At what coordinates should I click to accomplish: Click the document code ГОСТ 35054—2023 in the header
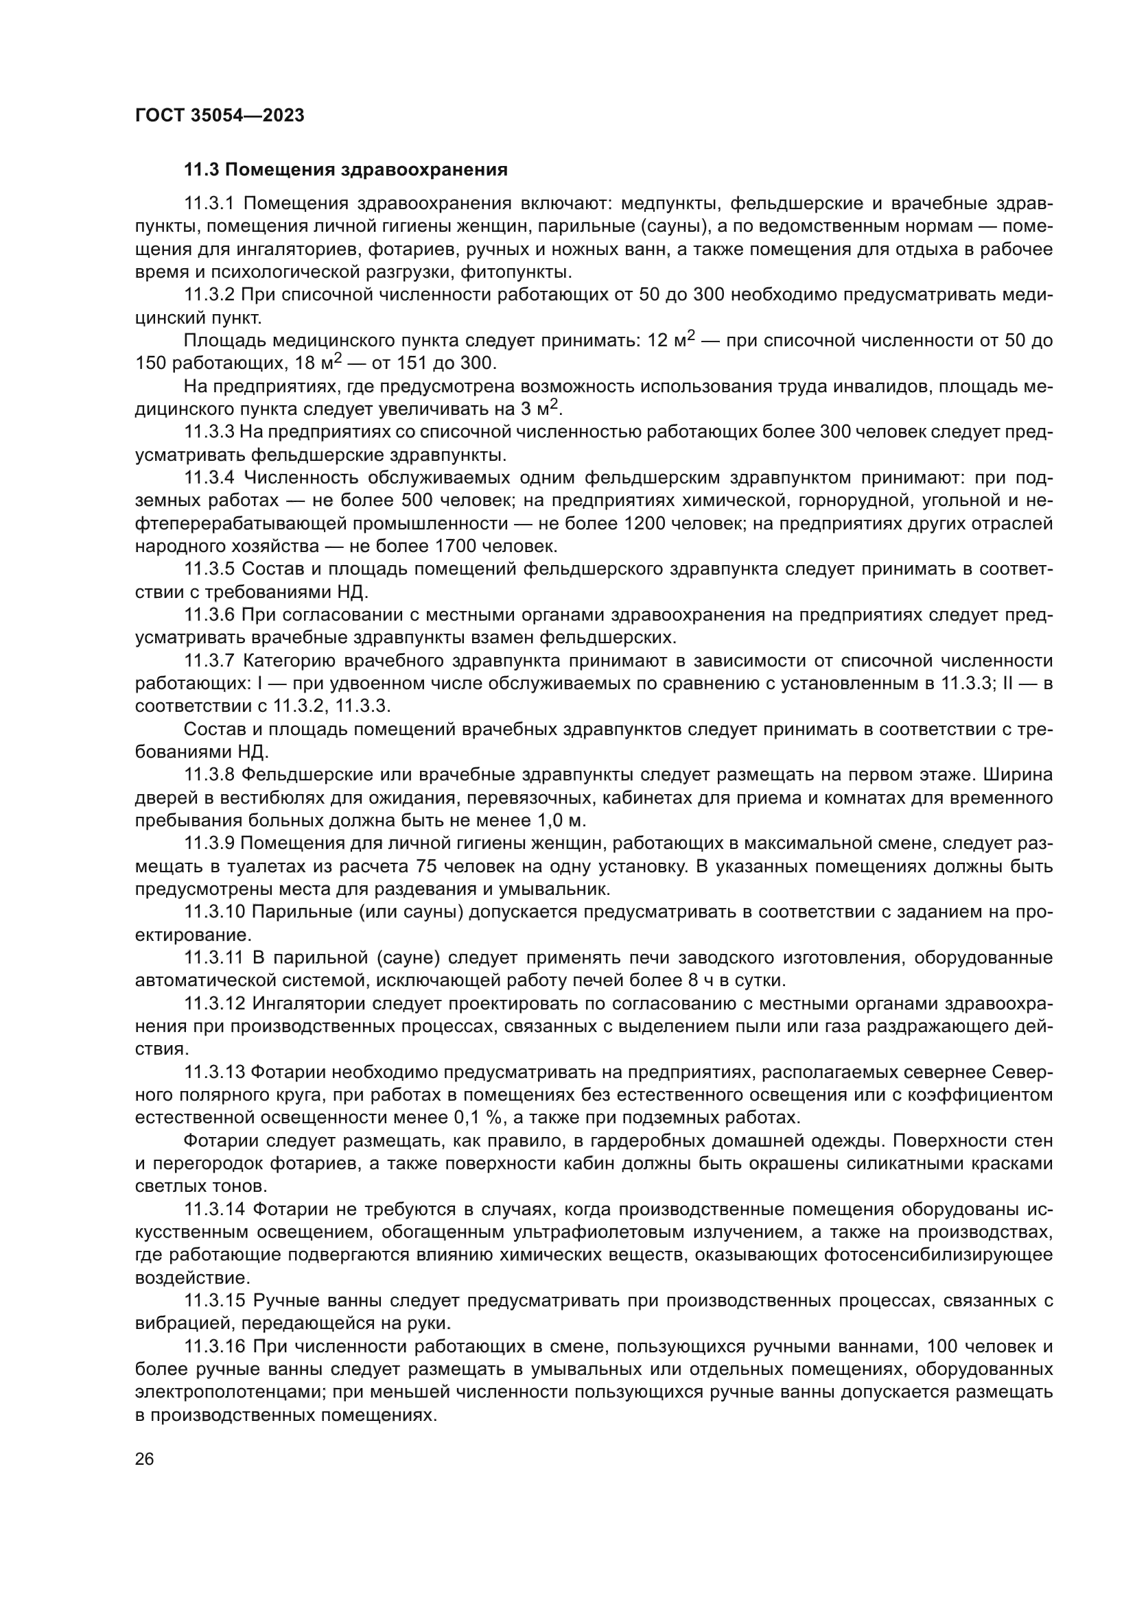tap(220, 116)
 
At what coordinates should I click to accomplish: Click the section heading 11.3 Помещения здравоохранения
tap(345, 170)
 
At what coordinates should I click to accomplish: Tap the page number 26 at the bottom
tap(145, 1459)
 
